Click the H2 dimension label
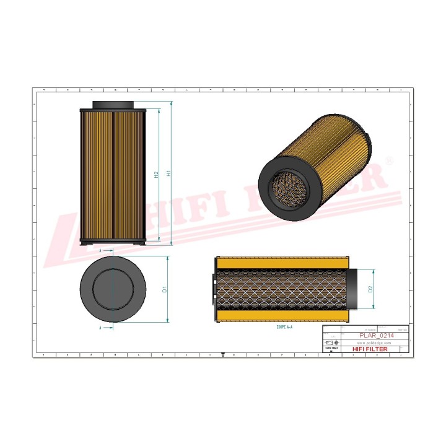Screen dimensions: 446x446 click(x=157, y=175)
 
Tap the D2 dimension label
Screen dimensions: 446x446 click(x=370, y=289)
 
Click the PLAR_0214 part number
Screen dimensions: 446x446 click(x=376, y=335)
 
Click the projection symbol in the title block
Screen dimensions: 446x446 click(x=332, y=343)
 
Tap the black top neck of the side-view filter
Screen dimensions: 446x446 click(x=113, y=104)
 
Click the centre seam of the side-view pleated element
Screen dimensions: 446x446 click(x=113, y=173)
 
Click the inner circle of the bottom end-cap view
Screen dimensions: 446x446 click(x=113, y=289)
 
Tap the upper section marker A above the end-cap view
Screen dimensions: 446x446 click(x=100, y=250)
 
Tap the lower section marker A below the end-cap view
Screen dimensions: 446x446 click(x=100, y=326)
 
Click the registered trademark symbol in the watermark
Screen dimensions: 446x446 click(x=389, y=160)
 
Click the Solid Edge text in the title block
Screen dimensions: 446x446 click(x=331, y=349)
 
